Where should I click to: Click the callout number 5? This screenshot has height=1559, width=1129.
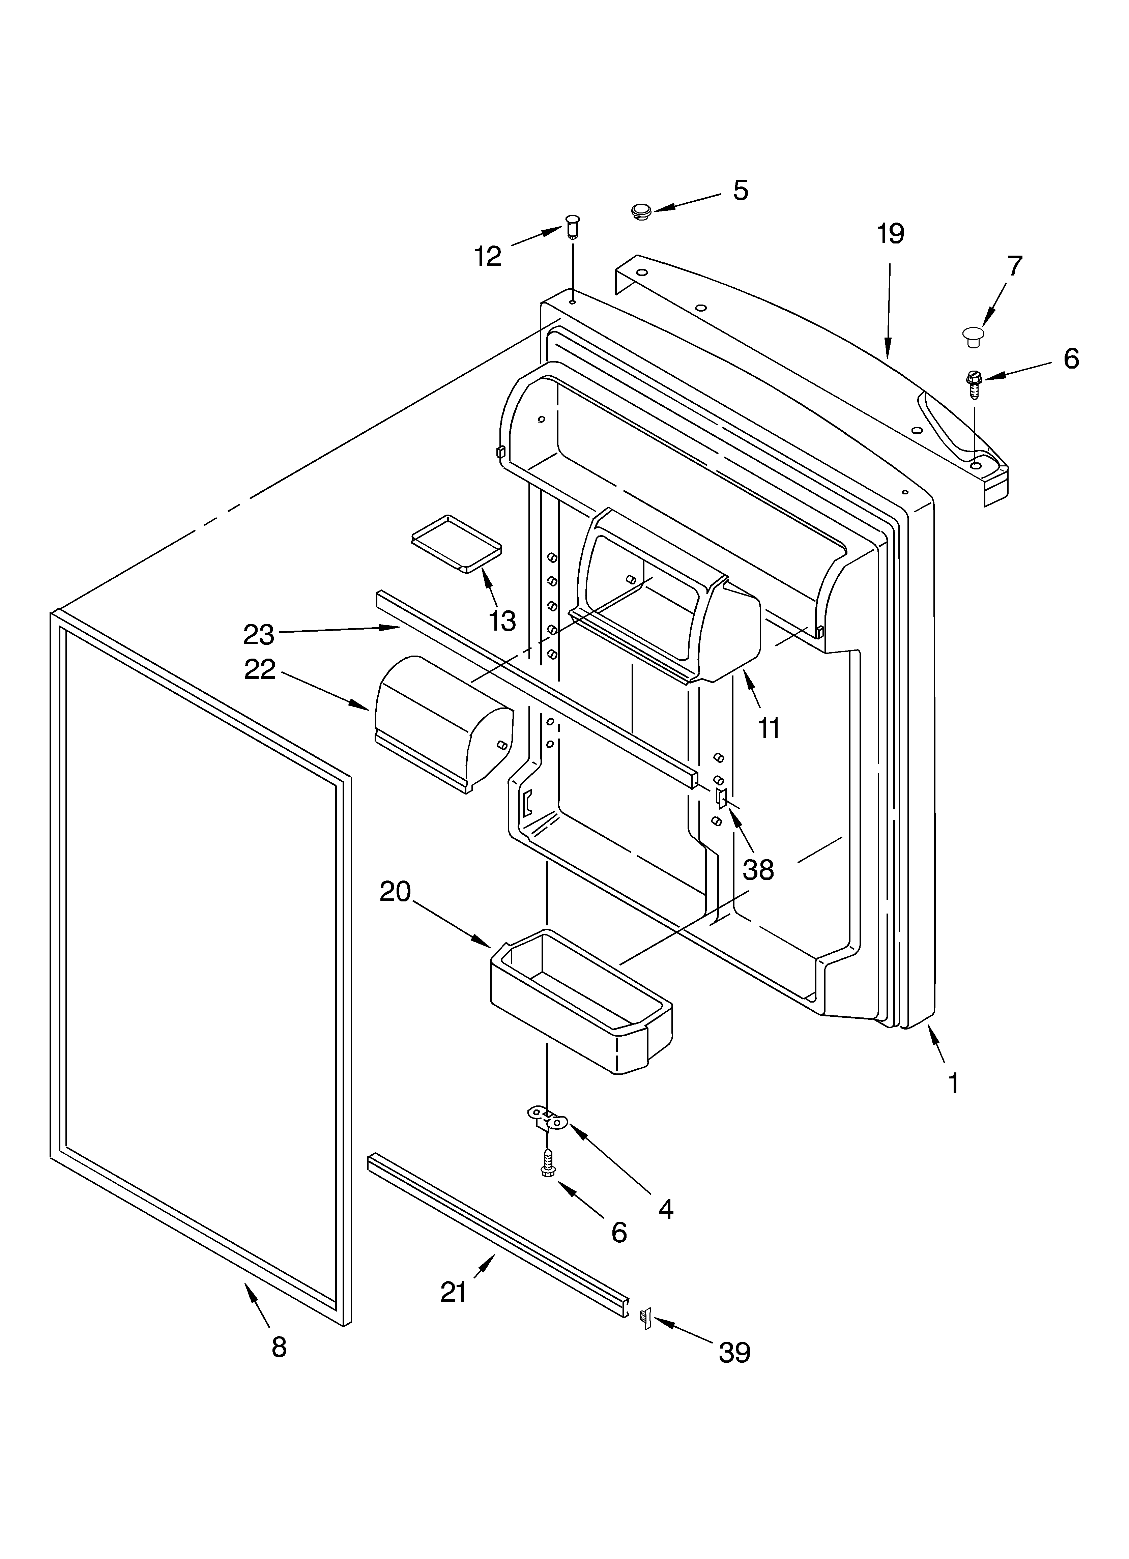(x=740, y=191)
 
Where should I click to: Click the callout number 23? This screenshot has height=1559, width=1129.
(x=259, y=634)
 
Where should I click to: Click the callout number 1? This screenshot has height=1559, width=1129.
(x=953, y=1084)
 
